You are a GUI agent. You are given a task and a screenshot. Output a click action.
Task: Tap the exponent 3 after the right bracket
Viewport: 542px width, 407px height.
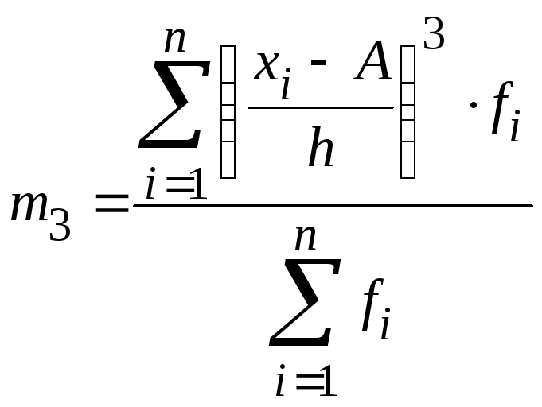434,35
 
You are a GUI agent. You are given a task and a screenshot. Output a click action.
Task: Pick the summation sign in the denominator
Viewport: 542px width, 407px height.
305,303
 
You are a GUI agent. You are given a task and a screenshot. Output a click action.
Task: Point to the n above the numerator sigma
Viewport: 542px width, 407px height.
175,39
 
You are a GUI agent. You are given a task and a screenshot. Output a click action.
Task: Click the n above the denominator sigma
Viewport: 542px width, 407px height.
306,237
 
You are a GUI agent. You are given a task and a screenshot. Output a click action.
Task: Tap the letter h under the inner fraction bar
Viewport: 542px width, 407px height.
321,148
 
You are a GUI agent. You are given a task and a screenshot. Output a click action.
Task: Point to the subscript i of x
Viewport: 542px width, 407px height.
285,85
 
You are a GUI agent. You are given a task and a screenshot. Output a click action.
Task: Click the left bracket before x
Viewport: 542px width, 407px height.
228,111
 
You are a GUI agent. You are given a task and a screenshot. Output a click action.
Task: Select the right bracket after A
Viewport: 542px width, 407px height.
407,111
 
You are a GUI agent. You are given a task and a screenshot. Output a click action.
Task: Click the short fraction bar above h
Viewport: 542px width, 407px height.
320,107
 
